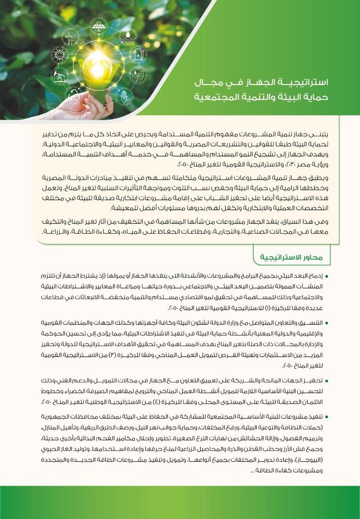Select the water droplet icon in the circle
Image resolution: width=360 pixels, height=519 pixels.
pos(128,36)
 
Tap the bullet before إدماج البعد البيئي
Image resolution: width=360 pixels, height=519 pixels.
pos(327,277)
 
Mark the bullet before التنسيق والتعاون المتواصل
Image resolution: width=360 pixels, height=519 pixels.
pos(327,323)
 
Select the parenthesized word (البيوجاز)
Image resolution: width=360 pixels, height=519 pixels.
pos(309,461)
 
